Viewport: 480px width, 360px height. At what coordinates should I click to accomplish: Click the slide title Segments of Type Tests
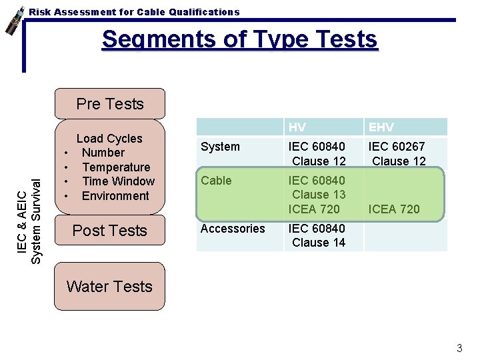(239, 39)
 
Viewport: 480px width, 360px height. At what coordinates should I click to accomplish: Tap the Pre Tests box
(110, 104)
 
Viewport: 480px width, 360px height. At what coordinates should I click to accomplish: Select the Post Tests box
(110, 231)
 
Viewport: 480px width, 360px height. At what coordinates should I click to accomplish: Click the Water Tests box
(110, 287)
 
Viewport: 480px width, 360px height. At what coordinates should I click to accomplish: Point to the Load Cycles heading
(109, 139)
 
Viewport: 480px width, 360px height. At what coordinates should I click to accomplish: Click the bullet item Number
(103, 153)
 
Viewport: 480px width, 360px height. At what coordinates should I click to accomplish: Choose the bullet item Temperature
(116, 167)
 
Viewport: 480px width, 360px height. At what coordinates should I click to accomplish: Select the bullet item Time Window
(118, 181)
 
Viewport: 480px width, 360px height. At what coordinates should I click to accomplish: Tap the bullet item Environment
(115, 196)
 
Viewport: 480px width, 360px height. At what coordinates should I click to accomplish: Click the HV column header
(297, 127)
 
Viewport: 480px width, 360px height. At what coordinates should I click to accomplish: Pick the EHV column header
(381, 127)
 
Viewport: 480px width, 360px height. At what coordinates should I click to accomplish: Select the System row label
(220, 147)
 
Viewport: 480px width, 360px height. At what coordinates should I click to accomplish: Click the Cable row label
(216, 181)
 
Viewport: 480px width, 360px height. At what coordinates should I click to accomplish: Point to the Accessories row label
(233, 229)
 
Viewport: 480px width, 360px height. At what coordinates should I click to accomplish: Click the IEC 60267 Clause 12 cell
(397, 154)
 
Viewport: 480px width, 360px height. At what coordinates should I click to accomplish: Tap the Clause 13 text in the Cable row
(319, 195)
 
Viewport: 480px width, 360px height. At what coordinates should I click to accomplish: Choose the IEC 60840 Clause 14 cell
(317, 236)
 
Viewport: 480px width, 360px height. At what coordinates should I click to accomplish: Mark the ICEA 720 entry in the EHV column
(394, 209)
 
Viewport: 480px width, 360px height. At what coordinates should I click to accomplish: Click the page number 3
(459, 348)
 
